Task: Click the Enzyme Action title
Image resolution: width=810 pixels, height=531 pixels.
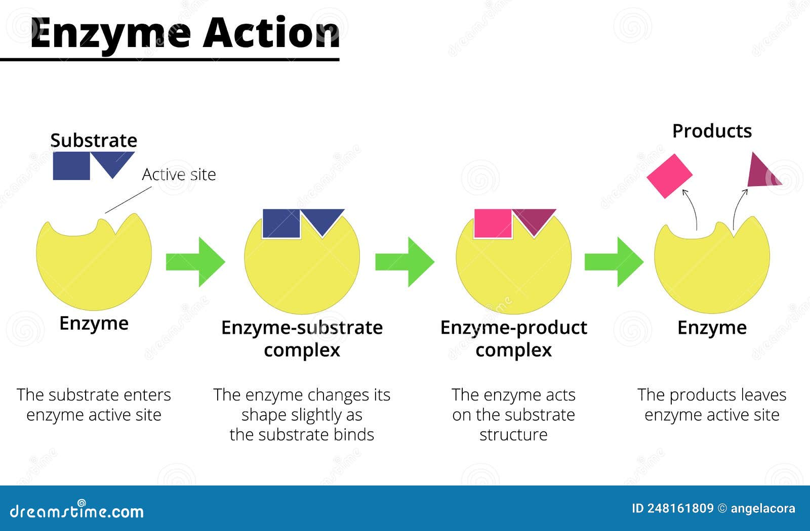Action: [x=185, y=33]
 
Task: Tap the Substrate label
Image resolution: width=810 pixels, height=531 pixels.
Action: [x=94, y=140]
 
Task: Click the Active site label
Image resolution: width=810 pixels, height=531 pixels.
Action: [x=179, y=174]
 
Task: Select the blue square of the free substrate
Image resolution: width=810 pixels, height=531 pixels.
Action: [x=71, y=166]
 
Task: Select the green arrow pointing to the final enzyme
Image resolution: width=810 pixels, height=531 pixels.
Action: [x=614, y=261]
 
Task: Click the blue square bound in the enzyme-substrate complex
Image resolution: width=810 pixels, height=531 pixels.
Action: [x=281, y=224]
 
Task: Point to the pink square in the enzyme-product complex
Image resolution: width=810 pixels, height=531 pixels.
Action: [x=493, y=224]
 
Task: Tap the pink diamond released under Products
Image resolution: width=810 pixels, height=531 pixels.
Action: [x=669, y=175]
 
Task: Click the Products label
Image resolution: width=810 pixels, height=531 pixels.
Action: [x=712, y=131]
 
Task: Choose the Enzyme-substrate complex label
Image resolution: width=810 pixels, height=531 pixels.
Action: [x=302, y=338]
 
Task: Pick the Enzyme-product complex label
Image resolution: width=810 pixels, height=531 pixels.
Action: [x=513, y=338]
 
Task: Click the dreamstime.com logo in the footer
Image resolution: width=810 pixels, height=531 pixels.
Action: [x=77, y=511]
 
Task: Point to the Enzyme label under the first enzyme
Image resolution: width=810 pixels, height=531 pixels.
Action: [x=94, y=323]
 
